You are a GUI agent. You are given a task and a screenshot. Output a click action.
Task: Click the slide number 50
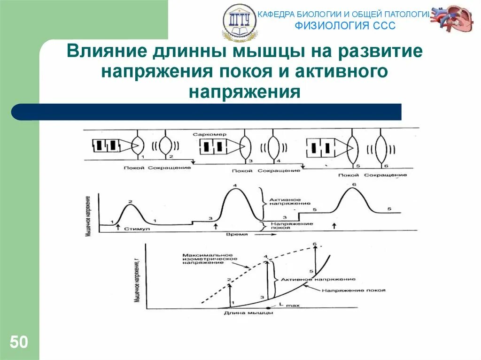click(x=19, y=342)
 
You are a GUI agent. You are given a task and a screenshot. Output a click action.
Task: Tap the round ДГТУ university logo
click(x=239, y=22)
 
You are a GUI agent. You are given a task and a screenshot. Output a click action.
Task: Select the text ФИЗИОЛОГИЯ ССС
click(x=345, y=25)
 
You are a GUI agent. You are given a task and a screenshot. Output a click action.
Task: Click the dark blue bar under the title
click(x=207, y=112)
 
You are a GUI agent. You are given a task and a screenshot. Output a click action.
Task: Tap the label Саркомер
click(x=209, y=134)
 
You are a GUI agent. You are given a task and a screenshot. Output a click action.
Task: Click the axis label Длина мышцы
click(x=241, y=314)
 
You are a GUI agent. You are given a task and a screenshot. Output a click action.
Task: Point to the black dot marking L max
click(x=268, y=308)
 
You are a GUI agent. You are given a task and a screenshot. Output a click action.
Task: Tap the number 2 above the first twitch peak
click(x=131, y=202)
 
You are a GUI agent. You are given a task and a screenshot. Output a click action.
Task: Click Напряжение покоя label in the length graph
click(x=353, y=291)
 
